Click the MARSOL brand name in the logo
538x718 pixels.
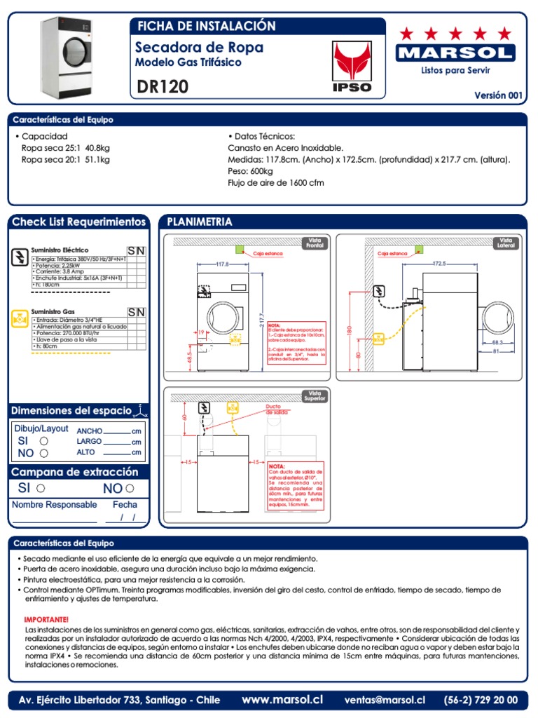coord(455,53)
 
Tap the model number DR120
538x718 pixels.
coord(163,87)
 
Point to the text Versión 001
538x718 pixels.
coord(499,95)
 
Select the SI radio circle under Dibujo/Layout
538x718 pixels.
coord(44,441)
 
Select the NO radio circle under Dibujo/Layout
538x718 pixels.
coord(44,453)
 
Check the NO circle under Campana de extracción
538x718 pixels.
coord(130,488)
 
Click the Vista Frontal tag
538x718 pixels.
coord(313,243)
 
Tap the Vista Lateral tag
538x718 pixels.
coord(506,243)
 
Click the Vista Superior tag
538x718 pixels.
coord(313,396)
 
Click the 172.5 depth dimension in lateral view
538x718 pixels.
coord(439,264)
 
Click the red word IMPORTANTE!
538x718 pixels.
coord(47,620)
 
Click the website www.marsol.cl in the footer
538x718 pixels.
coord(282,699)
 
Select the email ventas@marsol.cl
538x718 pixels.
coord(385,700)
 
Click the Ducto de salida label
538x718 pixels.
coord(275,409)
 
